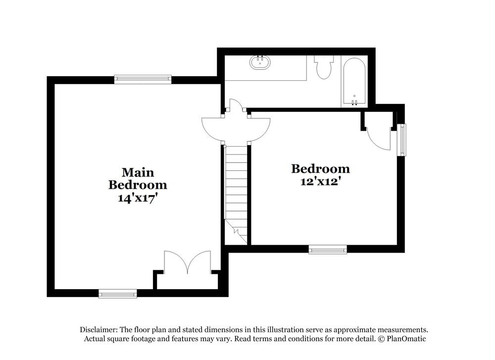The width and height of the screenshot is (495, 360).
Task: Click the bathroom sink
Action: pyautogui.click(x=261, y=62)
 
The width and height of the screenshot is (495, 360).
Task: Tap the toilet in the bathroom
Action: pyautogui.click(x=324, y=68)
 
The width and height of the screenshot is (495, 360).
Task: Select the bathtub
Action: pyautogui.click(x=354, y=82)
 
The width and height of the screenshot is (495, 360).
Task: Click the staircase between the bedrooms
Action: pyautogui.click(x=236, y=193)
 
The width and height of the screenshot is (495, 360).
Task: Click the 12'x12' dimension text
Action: pyautogui.click(x=320, y=182)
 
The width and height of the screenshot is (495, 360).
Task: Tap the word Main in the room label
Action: pyautogui.click(x=138, y=172)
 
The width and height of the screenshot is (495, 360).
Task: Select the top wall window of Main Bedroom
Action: pyautogui.click(x=143, y=79)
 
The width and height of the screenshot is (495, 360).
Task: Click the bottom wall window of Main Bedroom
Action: pyautogui.click(x=117, y=294)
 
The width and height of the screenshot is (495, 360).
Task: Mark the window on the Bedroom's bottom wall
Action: pyautogui.click(x=328, y=250)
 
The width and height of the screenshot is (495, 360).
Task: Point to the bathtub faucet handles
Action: pyautogui.click(x=354, y=103)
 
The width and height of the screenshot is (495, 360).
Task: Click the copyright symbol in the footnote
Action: pyautogui.click(x=381, y=339)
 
